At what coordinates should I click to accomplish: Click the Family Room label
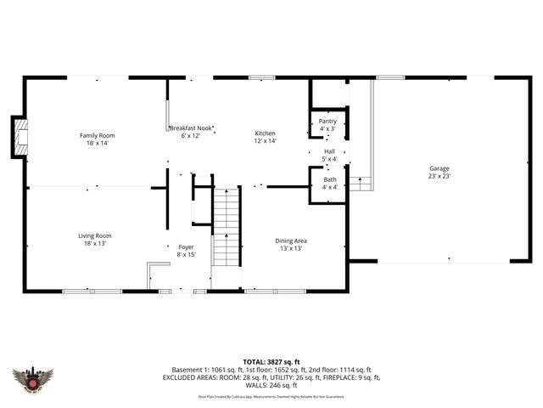[x=97, y=135]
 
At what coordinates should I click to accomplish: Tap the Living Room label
[x=95, y=235]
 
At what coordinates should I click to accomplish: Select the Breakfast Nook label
[x=184, y=127]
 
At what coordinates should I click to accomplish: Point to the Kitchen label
[x=266, y=133]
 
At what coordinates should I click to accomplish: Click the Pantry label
[x=327, y=121]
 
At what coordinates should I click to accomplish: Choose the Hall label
[x=329, y=151]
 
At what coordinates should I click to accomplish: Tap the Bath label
[x=329, y=179]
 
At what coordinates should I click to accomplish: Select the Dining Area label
[x=290, y=240]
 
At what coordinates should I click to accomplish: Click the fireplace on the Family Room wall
[x=19, y=137]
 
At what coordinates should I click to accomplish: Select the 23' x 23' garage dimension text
[x=439, y=176]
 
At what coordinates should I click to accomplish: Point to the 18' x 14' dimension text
[x=97, y=143]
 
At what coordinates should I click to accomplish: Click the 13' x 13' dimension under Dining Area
[x=290, y=248]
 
